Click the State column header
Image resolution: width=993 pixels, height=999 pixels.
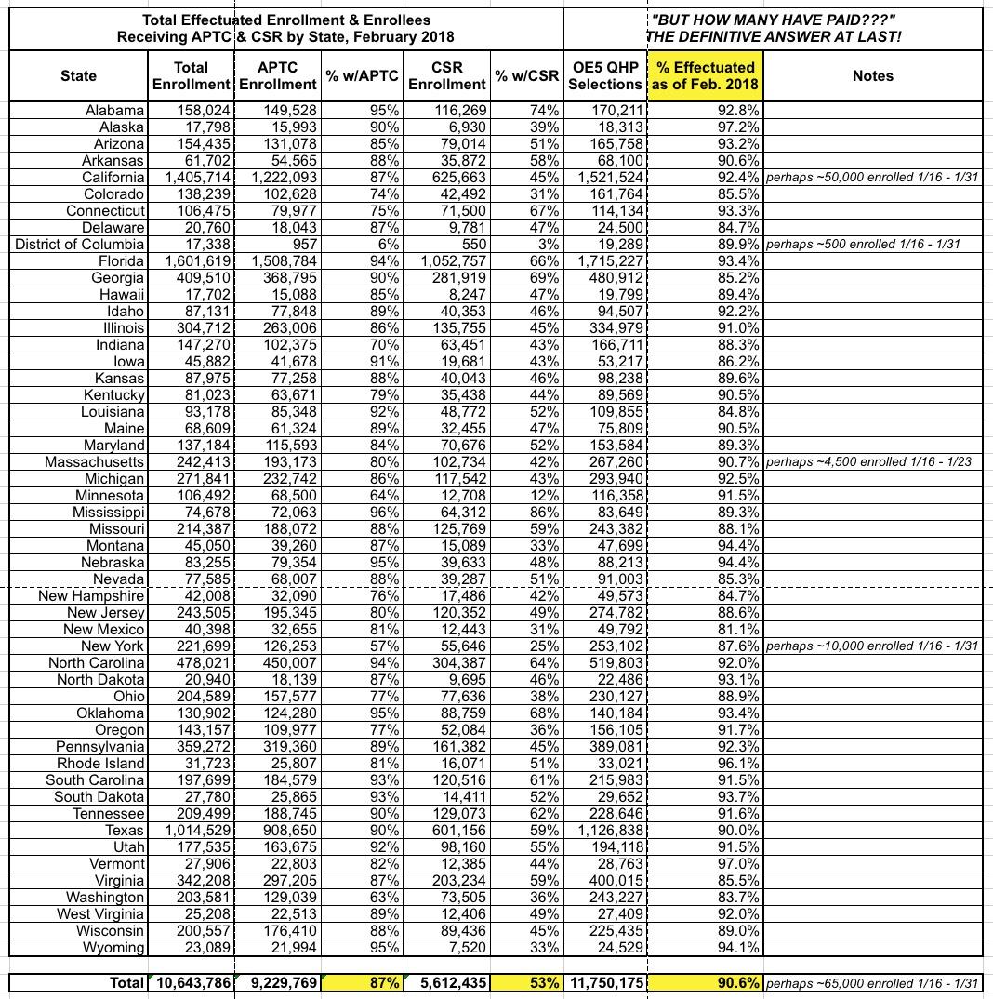click(78, 75)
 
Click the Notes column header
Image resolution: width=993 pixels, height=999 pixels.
click(872, 75)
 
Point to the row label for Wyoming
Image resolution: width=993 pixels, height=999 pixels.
click(113, 947)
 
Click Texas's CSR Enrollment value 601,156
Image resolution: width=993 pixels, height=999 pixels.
click(450, 830)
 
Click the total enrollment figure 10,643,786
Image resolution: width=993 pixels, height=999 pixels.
click(190, 982)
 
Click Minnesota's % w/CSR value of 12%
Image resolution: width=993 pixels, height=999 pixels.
click(543, 495)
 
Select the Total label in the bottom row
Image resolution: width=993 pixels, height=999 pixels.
click(126, 982)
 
